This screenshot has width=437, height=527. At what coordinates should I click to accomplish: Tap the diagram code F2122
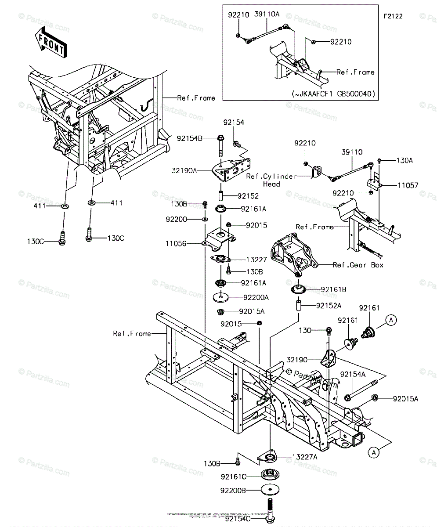(393, 16)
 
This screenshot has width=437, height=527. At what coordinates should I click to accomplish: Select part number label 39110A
(267, 14)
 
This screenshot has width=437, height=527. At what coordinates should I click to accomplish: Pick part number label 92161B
(334, 289)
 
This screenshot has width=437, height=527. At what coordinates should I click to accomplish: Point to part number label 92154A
(353, 374)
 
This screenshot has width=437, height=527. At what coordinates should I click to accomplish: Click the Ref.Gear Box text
(358, 265)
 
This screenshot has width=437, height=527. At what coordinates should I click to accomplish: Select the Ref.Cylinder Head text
(271, 180)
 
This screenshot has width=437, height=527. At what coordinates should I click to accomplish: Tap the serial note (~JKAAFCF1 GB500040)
(336, 94)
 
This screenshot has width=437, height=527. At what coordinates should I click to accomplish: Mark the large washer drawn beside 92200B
(268, 490)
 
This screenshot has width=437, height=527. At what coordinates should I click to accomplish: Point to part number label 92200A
(256, 297)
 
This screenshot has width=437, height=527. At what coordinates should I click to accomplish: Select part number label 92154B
(190, 138)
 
